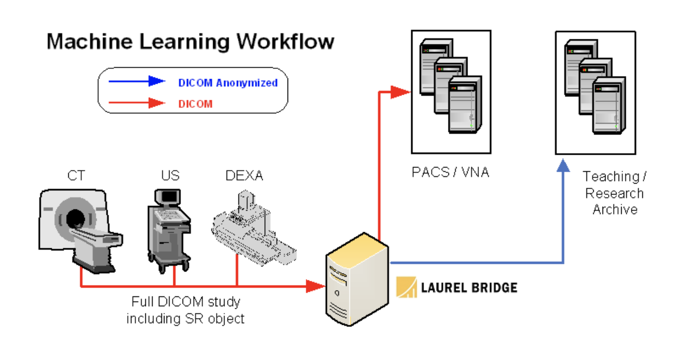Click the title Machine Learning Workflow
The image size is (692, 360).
[190, 41]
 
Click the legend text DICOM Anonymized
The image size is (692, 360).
[228, 83]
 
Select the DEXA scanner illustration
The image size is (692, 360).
[253, 228]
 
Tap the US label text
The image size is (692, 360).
[170, 176]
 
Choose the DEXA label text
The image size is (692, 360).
[244, 176]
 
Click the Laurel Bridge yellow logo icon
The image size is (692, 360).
[407, 287]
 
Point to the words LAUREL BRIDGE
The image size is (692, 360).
[469, 287]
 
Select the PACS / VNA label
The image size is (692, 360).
[450, 172]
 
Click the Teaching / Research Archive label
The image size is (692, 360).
[614, 193]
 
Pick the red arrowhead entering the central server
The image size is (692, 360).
[314, 286]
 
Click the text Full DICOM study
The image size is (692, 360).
[186, 302]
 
